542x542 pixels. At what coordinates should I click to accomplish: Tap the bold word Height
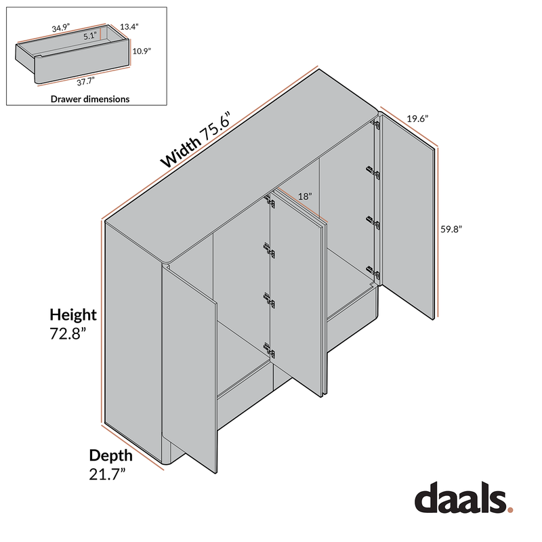73,314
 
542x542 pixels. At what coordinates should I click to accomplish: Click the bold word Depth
111,455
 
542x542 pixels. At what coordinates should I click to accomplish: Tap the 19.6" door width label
417,118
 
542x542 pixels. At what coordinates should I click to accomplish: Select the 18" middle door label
305,196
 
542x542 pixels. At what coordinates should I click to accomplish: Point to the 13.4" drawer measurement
129,27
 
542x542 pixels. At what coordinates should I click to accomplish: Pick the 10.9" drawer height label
142,51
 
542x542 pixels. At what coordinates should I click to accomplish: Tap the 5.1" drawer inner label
90,37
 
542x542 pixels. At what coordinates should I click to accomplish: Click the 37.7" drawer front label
84,81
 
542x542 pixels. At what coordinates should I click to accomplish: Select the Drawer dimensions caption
90,99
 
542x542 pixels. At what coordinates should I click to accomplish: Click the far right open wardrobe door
406,217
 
